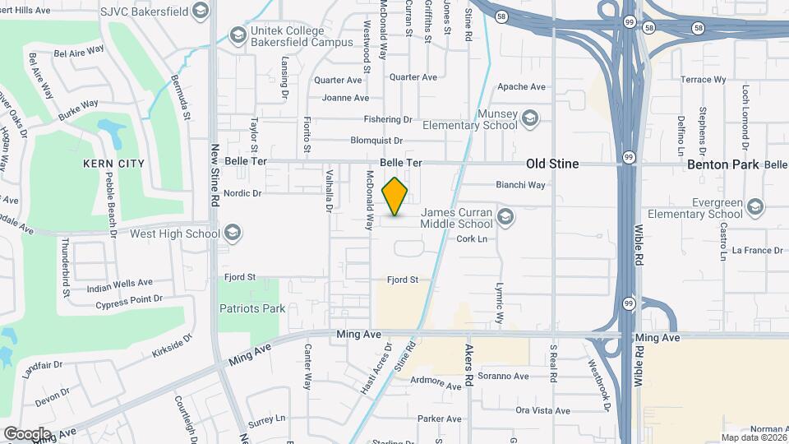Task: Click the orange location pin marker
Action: pos(395,197)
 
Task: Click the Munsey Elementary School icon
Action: pos(530,119)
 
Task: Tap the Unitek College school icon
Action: pos(238,35)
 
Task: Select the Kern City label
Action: pos(113,164)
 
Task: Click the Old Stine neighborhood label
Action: pos(552,164)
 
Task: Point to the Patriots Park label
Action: pos(251,309)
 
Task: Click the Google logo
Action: pos(27,433)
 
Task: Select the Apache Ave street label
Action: pos(521,86)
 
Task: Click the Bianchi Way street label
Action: pos(520,185)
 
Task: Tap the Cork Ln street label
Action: pos(472,239)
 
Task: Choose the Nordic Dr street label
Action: pos(242,194)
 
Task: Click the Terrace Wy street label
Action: pos(704,80)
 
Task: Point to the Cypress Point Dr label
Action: pos(129,299)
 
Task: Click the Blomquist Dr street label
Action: pos(376,141)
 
